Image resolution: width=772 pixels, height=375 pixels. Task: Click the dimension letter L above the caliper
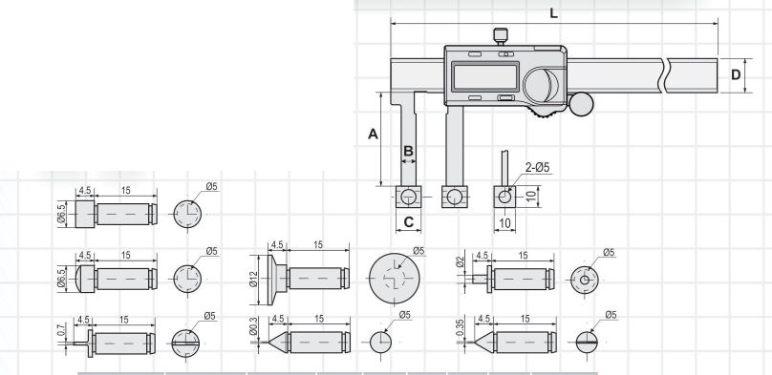(554, 13)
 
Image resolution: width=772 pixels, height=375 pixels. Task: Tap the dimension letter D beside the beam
(736, 74)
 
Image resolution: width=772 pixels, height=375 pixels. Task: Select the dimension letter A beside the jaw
(374, 134)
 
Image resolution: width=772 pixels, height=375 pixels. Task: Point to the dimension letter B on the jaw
(408, 152)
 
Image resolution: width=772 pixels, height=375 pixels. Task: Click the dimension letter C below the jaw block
(409, 222)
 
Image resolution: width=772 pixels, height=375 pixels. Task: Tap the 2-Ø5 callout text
(537, 167)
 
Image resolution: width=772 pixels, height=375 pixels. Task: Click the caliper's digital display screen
(485, 76)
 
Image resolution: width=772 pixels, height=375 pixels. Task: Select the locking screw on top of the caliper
(501, 36)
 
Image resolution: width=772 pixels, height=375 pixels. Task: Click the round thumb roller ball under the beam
(581, 104)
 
